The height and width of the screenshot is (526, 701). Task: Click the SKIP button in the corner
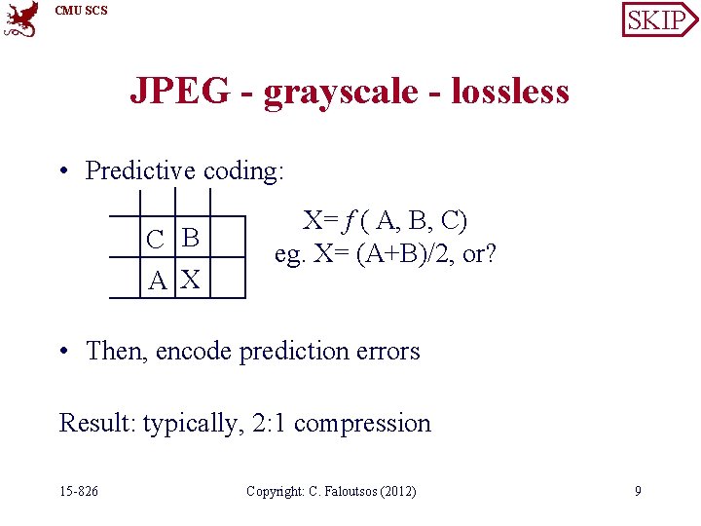click(x=658, y=19)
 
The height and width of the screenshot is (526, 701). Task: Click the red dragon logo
click(x=20, y=19)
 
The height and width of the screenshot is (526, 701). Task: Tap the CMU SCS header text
click(x=82, y=11)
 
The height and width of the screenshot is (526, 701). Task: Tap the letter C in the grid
click(x=155, y=239)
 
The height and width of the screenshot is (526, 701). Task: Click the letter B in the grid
click(x=191, y=238)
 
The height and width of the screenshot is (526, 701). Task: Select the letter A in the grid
click(x=157, y=282)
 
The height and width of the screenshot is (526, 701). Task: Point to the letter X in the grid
click(x=191, y=282)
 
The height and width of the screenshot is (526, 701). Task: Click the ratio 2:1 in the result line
click(x=264, y=424)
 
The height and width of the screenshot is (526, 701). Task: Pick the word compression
click(x=362, y=424)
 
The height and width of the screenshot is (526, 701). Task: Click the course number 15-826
click(x=79, y=491)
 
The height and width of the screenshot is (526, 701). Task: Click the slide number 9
click(x=638, y=491)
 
